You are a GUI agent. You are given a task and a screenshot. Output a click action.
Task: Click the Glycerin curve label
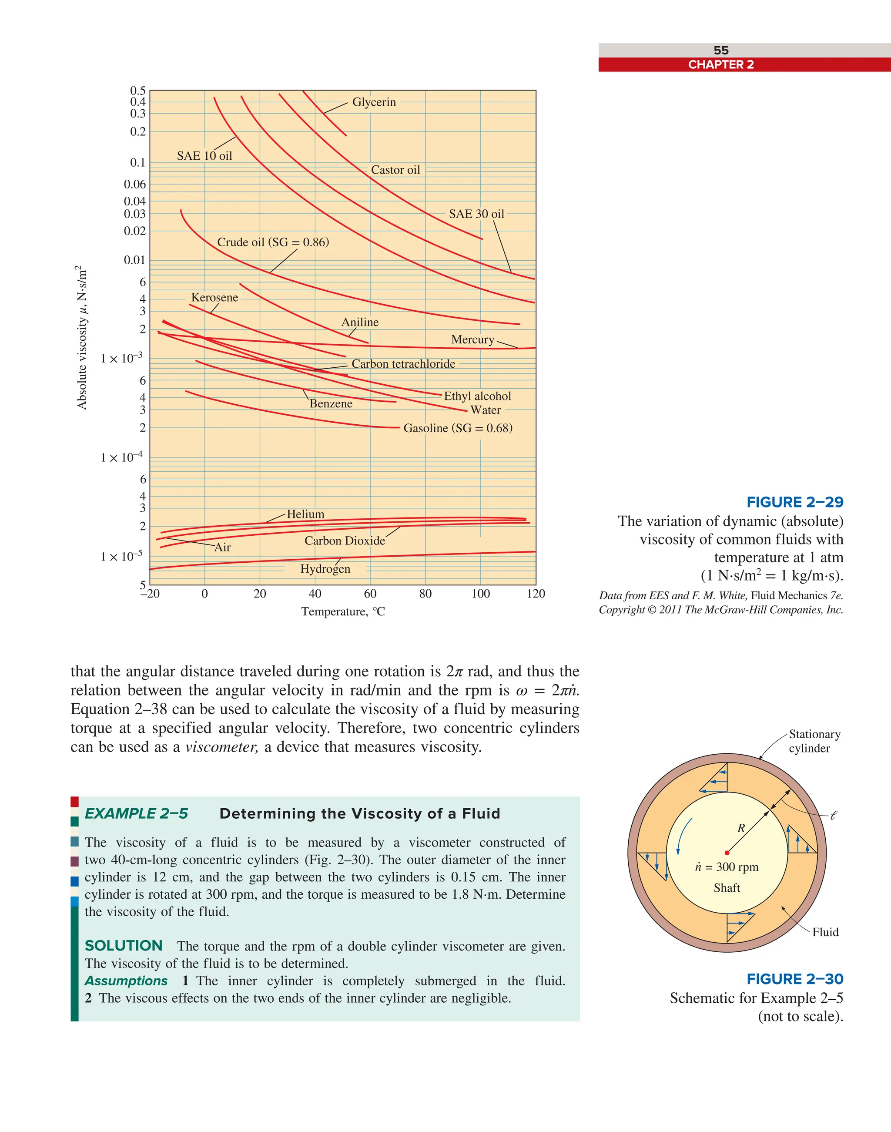point(374,102)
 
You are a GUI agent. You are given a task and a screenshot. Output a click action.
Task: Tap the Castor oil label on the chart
point(395,170)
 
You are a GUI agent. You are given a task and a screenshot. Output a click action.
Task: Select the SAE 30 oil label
point(476,214)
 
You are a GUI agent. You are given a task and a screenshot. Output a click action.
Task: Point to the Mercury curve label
point(472,340)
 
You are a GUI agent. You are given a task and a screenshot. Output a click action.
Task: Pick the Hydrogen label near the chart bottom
point(325,569)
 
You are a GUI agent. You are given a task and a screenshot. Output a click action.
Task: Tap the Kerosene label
point(214,298)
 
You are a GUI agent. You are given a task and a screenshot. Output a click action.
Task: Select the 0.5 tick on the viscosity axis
point(138,91)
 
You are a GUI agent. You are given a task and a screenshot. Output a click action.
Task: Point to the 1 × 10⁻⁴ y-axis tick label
point(121,457)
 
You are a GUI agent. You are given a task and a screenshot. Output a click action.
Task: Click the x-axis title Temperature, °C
point(343,611)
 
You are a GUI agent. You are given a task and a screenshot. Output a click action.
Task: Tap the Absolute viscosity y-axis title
point(81,337)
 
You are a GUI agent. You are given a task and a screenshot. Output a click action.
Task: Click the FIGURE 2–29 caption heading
point(794,502)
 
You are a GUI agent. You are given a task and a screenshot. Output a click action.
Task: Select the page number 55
point(721,50)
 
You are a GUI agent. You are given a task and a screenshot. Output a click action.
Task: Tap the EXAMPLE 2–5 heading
point(136,814)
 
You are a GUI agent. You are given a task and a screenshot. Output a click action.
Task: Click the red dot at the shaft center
point(727,853)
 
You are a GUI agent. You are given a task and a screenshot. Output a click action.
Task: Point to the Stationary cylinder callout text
point(814,741)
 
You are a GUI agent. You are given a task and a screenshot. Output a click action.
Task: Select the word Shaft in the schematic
point(727,888)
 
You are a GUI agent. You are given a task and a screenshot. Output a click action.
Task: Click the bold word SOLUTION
point(124,946)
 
